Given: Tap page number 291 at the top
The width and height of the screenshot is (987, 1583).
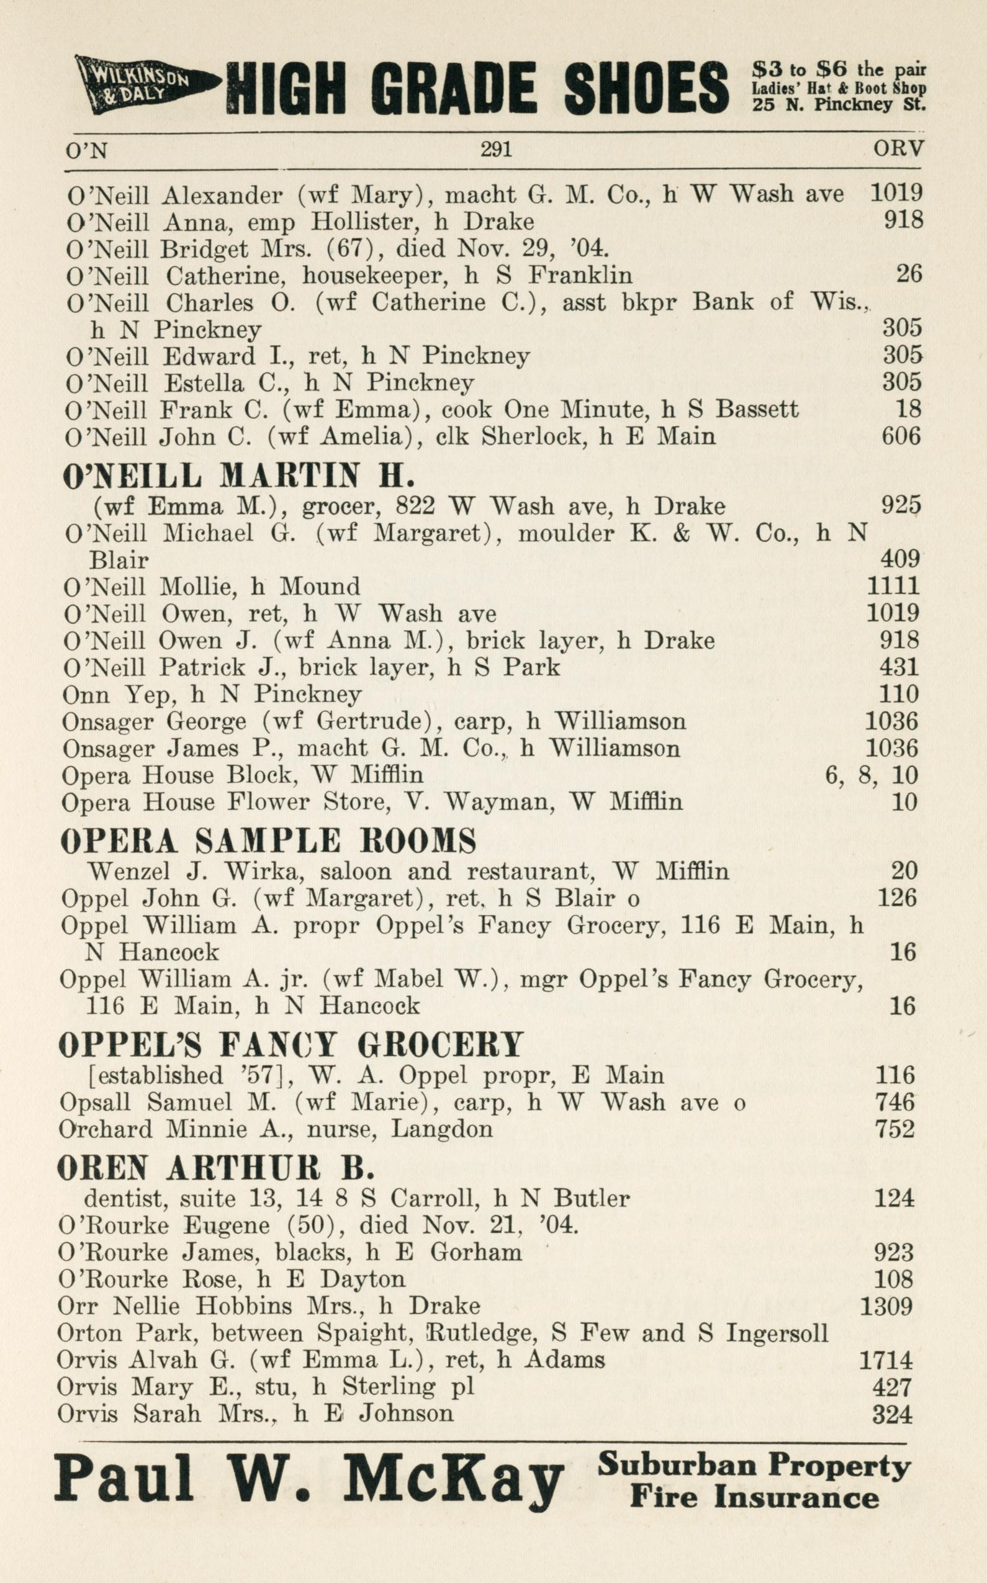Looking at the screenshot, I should coord(496,150).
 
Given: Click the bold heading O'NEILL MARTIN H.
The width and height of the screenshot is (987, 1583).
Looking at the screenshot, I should coord(238,477).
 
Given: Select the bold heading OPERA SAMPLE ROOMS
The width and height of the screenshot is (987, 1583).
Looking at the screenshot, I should coord(268,841).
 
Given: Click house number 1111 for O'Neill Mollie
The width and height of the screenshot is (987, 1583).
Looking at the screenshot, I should coord(893,585).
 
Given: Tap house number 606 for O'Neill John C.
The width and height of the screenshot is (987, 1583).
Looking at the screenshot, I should coord(901,436).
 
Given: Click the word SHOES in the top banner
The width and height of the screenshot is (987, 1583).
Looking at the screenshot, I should coord(646,87).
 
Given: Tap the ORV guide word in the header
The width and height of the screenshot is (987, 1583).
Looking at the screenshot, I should coord(898,150).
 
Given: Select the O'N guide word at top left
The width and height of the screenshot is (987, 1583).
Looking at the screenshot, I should coord(86,151).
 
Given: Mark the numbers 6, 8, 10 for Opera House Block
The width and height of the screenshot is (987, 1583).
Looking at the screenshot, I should coord(872,775).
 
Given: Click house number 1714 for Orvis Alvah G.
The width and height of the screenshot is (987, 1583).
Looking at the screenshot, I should coord(885,1360).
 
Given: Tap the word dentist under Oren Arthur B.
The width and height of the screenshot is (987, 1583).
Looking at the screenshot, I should coord(123,1198).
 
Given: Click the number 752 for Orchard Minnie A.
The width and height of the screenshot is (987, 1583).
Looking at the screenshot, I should coord(895,1129).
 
